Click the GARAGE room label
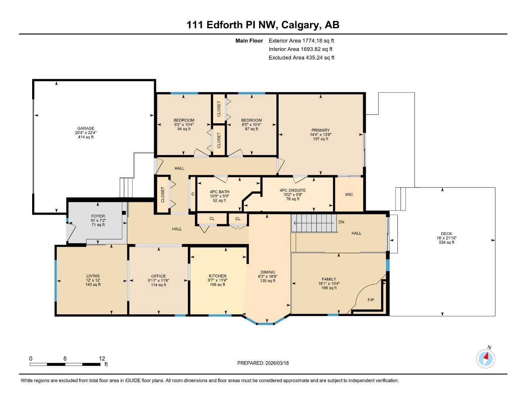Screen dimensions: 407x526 (x=86, y=128)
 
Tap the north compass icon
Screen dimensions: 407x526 (x=486, y=359)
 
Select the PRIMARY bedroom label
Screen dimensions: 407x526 (x=320, y=130)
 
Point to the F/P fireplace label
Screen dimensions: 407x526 (x=370, y=300)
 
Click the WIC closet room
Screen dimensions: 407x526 (x=349, y=194)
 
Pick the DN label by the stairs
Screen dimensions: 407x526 (x=341, y=222)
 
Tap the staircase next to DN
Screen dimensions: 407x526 (x=314, y=223)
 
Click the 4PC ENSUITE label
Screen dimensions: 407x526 (x=293, y=190)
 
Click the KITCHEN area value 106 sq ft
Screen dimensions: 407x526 (x=218, y=285)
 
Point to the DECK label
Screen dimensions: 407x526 (x=446, y=234)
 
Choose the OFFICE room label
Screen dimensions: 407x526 (x=158, y=276)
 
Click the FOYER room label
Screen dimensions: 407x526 (x=98, y=216)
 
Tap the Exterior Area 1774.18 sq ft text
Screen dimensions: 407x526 (x=301, y=41)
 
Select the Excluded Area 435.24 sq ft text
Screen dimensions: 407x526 (x=301, y=58)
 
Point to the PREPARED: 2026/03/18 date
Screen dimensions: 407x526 (x=263, y=363)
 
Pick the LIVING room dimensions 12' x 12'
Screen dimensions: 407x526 (x=93, y=280)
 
